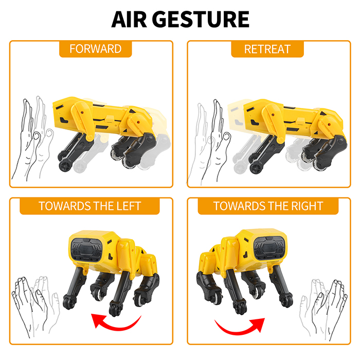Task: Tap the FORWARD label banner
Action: pos(95,49)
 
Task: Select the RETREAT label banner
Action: pos(267,49)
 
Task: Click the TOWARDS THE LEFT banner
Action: pos(89,207)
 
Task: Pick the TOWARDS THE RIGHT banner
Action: pos(268,207)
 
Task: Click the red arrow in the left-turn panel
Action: pos(116,322)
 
